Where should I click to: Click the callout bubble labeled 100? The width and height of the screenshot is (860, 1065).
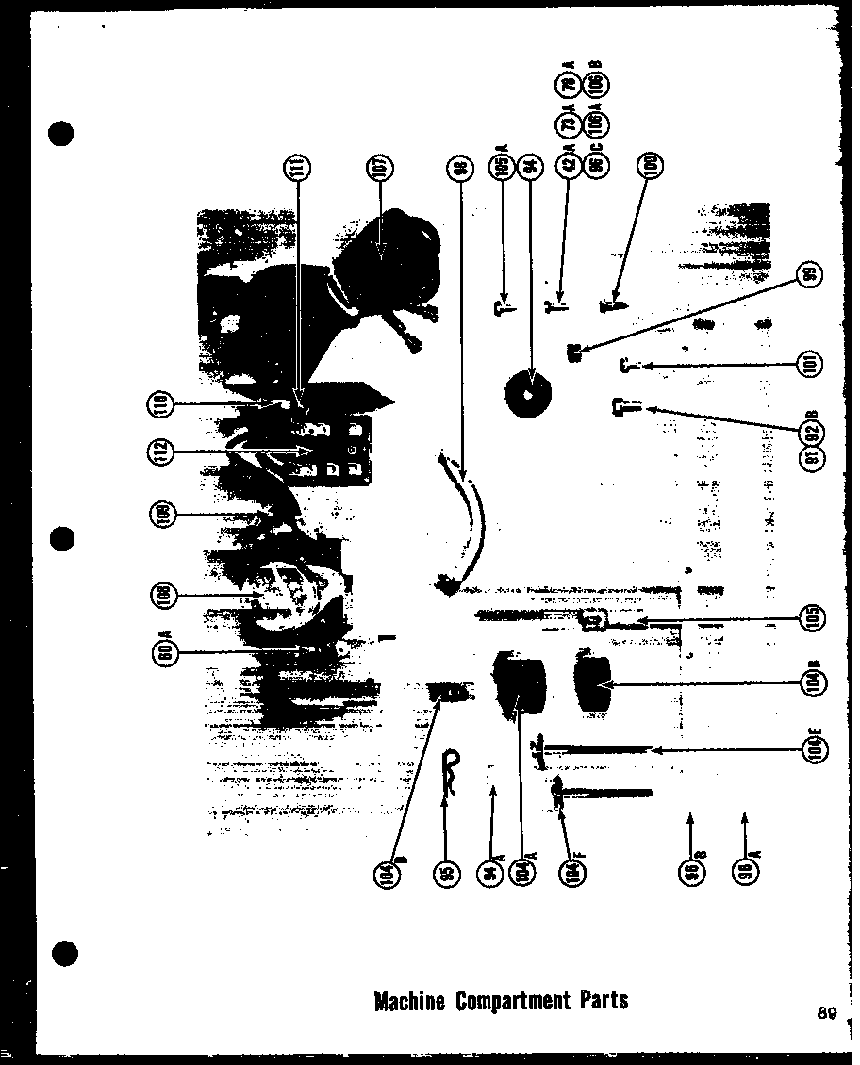pyautogui.click(x=650, y=167)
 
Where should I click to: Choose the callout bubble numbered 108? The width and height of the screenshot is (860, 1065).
pyautogui.click(x=161, y=597)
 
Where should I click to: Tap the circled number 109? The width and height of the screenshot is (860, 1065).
pyautogui.click(x=161, y=515)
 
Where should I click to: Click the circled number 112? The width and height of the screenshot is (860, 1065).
pyautogui.click(x=161, y=451)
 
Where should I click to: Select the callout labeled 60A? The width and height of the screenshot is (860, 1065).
pyautogui.click(x=161, y=651)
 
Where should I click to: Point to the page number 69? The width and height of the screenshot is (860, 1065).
pyautogui.click(x=827, y=1014)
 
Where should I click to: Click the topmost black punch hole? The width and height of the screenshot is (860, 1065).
pyautogui.click(x=61, y=133)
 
